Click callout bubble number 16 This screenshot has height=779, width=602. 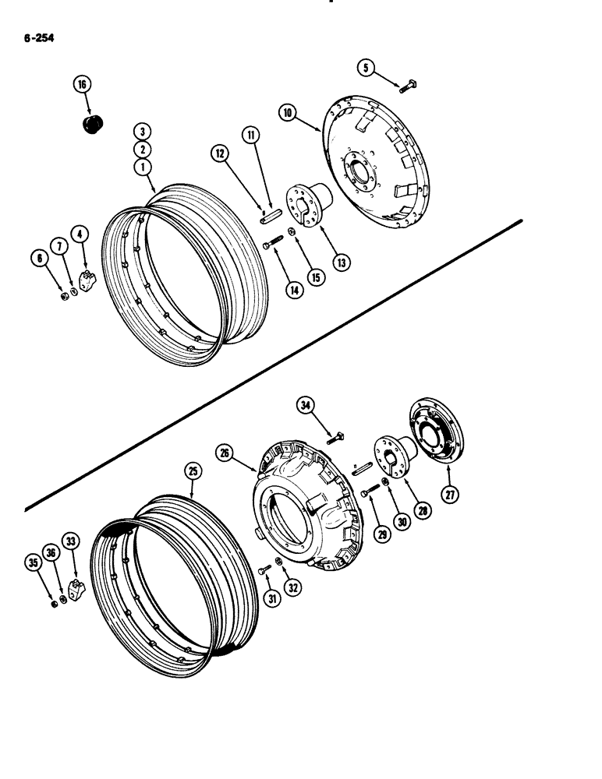coord(83,85)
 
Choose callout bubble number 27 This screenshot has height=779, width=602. coord(450,492)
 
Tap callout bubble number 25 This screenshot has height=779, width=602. coord(193,471)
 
